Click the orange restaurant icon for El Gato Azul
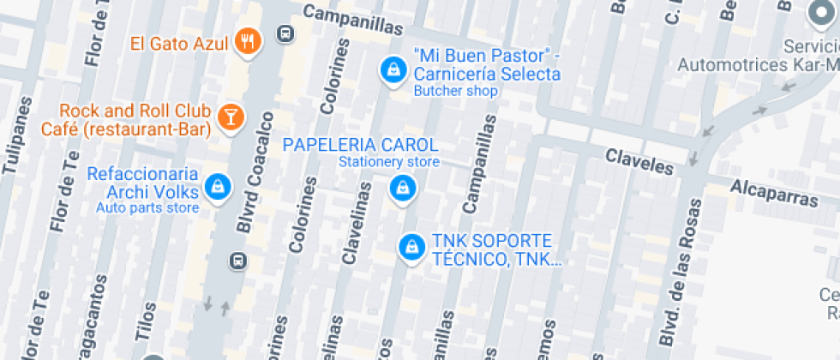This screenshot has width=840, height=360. click(248, 41)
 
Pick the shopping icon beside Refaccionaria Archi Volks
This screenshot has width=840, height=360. click(219, 187)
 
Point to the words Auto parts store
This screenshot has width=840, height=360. click(147, 207)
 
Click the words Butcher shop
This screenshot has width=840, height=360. click(455, 91)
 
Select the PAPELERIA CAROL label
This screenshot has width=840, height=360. click(360, 144)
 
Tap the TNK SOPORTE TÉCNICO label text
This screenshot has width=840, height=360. click(492, 249)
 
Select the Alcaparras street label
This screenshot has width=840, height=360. click(774, 193)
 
